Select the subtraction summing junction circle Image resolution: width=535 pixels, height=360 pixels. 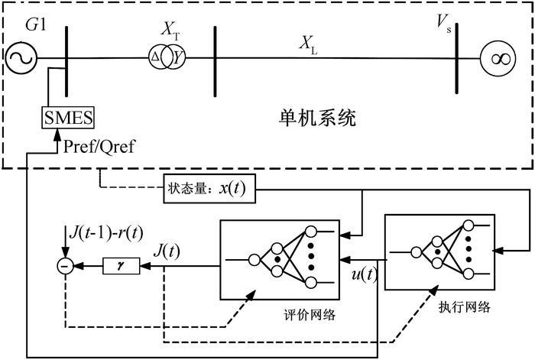click(63, 265)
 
